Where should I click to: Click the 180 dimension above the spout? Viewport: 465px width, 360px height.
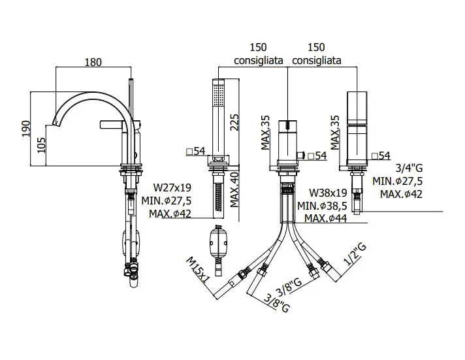[93, 62]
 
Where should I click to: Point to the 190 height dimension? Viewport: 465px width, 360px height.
[26, 129]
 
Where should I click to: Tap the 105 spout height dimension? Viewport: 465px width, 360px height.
[41, 145]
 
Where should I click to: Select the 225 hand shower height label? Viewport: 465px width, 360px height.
[234, 122]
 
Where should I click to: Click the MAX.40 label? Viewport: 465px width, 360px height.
[234, 190]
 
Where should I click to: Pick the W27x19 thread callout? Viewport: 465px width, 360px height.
[172, 188]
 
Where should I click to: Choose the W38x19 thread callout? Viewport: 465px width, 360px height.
[328, 193]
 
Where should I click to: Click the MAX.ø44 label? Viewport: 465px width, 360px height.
[326, 218]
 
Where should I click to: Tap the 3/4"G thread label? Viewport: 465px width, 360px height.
[409, 169]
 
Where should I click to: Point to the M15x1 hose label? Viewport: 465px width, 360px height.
[198, 270]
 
